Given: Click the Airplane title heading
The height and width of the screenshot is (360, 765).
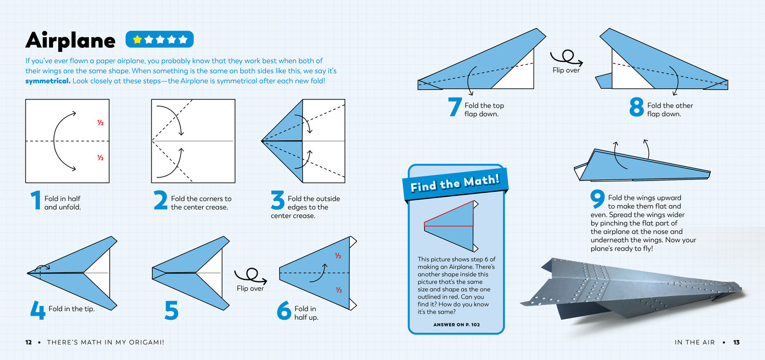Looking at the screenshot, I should pos(70,40).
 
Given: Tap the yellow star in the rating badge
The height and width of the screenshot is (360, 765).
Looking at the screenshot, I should pos(137,39).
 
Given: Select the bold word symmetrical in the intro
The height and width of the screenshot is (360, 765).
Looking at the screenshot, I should pos(47,81).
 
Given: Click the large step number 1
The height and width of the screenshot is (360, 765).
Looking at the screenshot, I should pos(35,200).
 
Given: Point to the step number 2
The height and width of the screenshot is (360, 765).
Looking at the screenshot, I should pos(161,200).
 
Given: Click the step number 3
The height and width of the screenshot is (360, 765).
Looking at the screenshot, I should pos(277,200).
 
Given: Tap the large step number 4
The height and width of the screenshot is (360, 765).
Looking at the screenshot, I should pos(37,310).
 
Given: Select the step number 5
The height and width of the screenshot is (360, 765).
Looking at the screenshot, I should pos(171,310).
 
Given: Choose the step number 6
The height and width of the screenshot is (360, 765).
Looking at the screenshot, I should pos(284,310).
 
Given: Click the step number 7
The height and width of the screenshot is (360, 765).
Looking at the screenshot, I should pos(455,107).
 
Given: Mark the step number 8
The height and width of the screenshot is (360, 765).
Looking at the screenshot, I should pos(636,107).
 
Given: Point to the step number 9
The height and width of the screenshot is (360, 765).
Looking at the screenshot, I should pos(597,199).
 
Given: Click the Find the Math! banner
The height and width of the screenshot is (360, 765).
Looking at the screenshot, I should pos(455,183).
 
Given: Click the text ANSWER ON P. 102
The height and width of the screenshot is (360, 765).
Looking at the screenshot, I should pos(456,324).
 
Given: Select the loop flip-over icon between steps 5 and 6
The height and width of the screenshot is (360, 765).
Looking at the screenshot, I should pos(249,276).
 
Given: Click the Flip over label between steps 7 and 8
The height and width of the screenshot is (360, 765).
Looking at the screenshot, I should pos(566,70).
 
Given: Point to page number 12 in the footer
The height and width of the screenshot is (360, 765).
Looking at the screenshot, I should pos(29,342).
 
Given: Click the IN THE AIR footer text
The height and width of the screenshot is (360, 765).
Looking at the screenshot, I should pos(695,342).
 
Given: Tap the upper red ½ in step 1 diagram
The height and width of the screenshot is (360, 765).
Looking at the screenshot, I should pos(100,123).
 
